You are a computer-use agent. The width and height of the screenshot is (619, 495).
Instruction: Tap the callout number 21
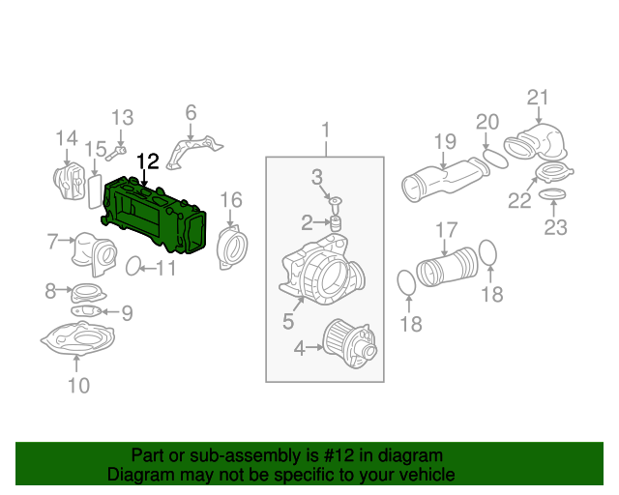tap(538, 97)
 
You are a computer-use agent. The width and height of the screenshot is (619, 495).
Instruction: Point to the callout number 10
tap(77, 387)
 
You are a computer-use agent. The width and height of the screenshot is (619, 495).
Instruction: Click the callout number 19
tap(444, 142)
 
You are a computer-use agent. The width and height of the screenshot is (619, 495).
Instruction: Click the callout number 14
tap(65, 136)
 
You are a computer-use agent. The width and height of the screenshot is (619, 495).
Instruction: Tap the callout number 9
tap(126, 312)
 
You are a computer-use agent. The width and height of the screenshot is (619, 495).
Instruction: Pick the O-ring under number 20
tap(495, 157)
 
